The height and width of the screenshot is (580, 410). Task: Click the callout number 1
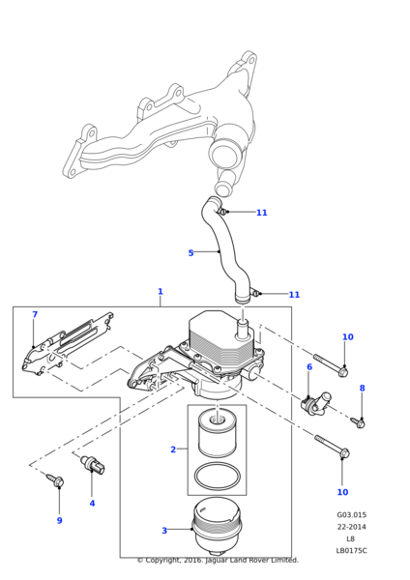pos(161,292)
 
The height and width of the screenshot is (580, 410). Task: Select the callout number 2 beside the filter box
pos(173,449)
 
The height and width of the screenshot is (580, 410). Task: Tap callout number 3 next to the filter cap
pos(164,531)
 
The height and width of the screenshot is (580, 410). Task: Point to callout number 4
pos(92,503)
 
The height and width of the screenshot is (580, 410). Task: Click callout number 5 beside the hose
pos(190,253)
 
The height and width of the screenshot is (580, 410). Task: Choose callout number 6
pos(309,366)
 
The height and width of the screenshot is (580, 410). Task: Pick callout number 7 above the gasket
pos(35,314)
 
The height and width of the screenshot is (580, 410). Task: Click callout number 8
pos(363,388)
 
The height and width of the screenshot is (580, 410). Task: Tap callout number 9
pos(59,520)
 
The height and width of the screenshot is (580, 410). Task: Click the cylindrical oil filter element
pos(218,433)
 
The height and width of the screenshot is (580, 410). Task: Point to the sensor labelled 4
pos(93,465)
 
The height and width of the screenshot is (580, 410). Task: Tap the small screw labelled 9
pos(55,479)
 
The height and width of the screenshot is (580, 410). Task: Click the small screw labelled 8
pos(359,422)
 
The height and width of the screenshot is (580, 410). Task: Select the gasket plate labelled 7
pos(67,344)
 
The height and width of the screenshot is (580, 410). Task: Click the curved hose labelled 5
pos(225,251)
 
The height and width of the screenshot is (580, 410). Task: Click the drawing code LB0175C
pos(352,550)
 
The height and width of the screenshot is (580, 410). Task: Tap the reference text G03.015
pos(352,514)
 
